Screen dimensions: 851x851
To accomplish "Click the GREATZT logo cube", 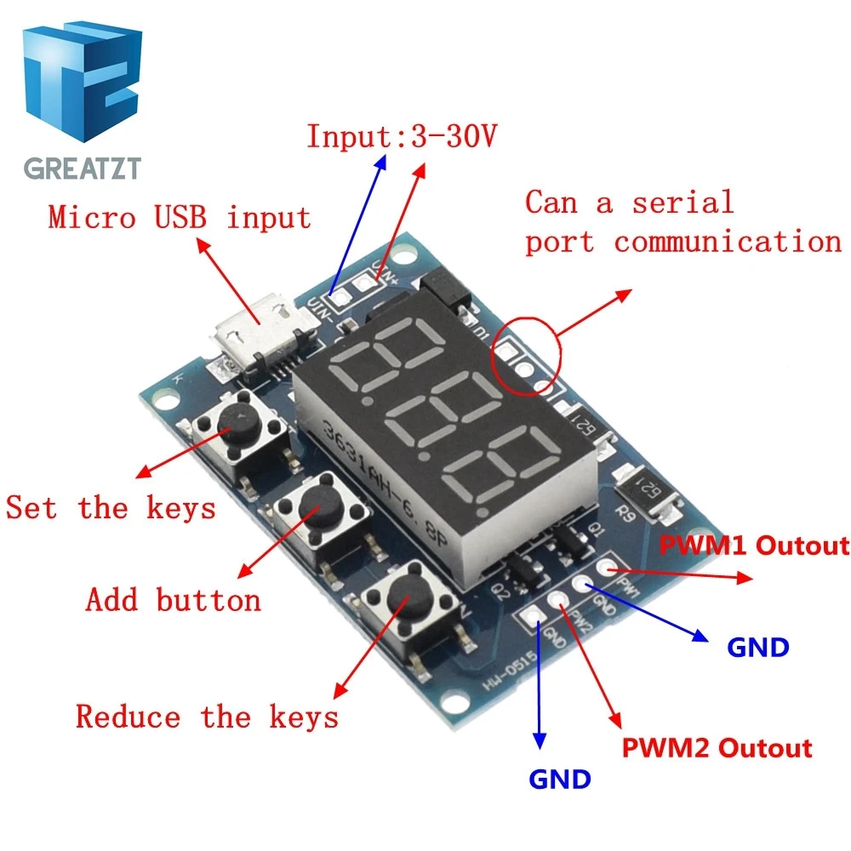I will [82, 85].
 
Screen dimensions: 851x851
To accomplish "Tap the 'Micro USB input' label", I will [180, 217].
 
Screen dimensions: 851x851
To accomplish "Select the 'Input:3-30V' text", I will [401, 136].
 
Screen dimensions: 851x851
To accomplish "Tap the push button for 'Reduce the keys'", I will [402, 602].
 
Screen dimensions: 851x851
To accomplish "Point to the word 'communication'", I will [728, 242].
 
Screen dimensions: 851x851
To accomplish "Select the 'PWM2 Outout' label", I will [717, 748].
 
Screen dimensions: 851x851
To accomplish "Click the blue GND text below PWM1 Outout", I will [758, 648].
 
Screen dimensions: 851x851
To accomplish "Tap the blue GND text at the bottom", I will [560, 779].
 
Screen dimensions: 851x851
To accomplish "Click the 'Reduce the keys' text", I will [207, 717].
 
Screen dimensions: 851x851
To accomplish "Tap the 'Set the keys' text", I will [111, 508].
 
